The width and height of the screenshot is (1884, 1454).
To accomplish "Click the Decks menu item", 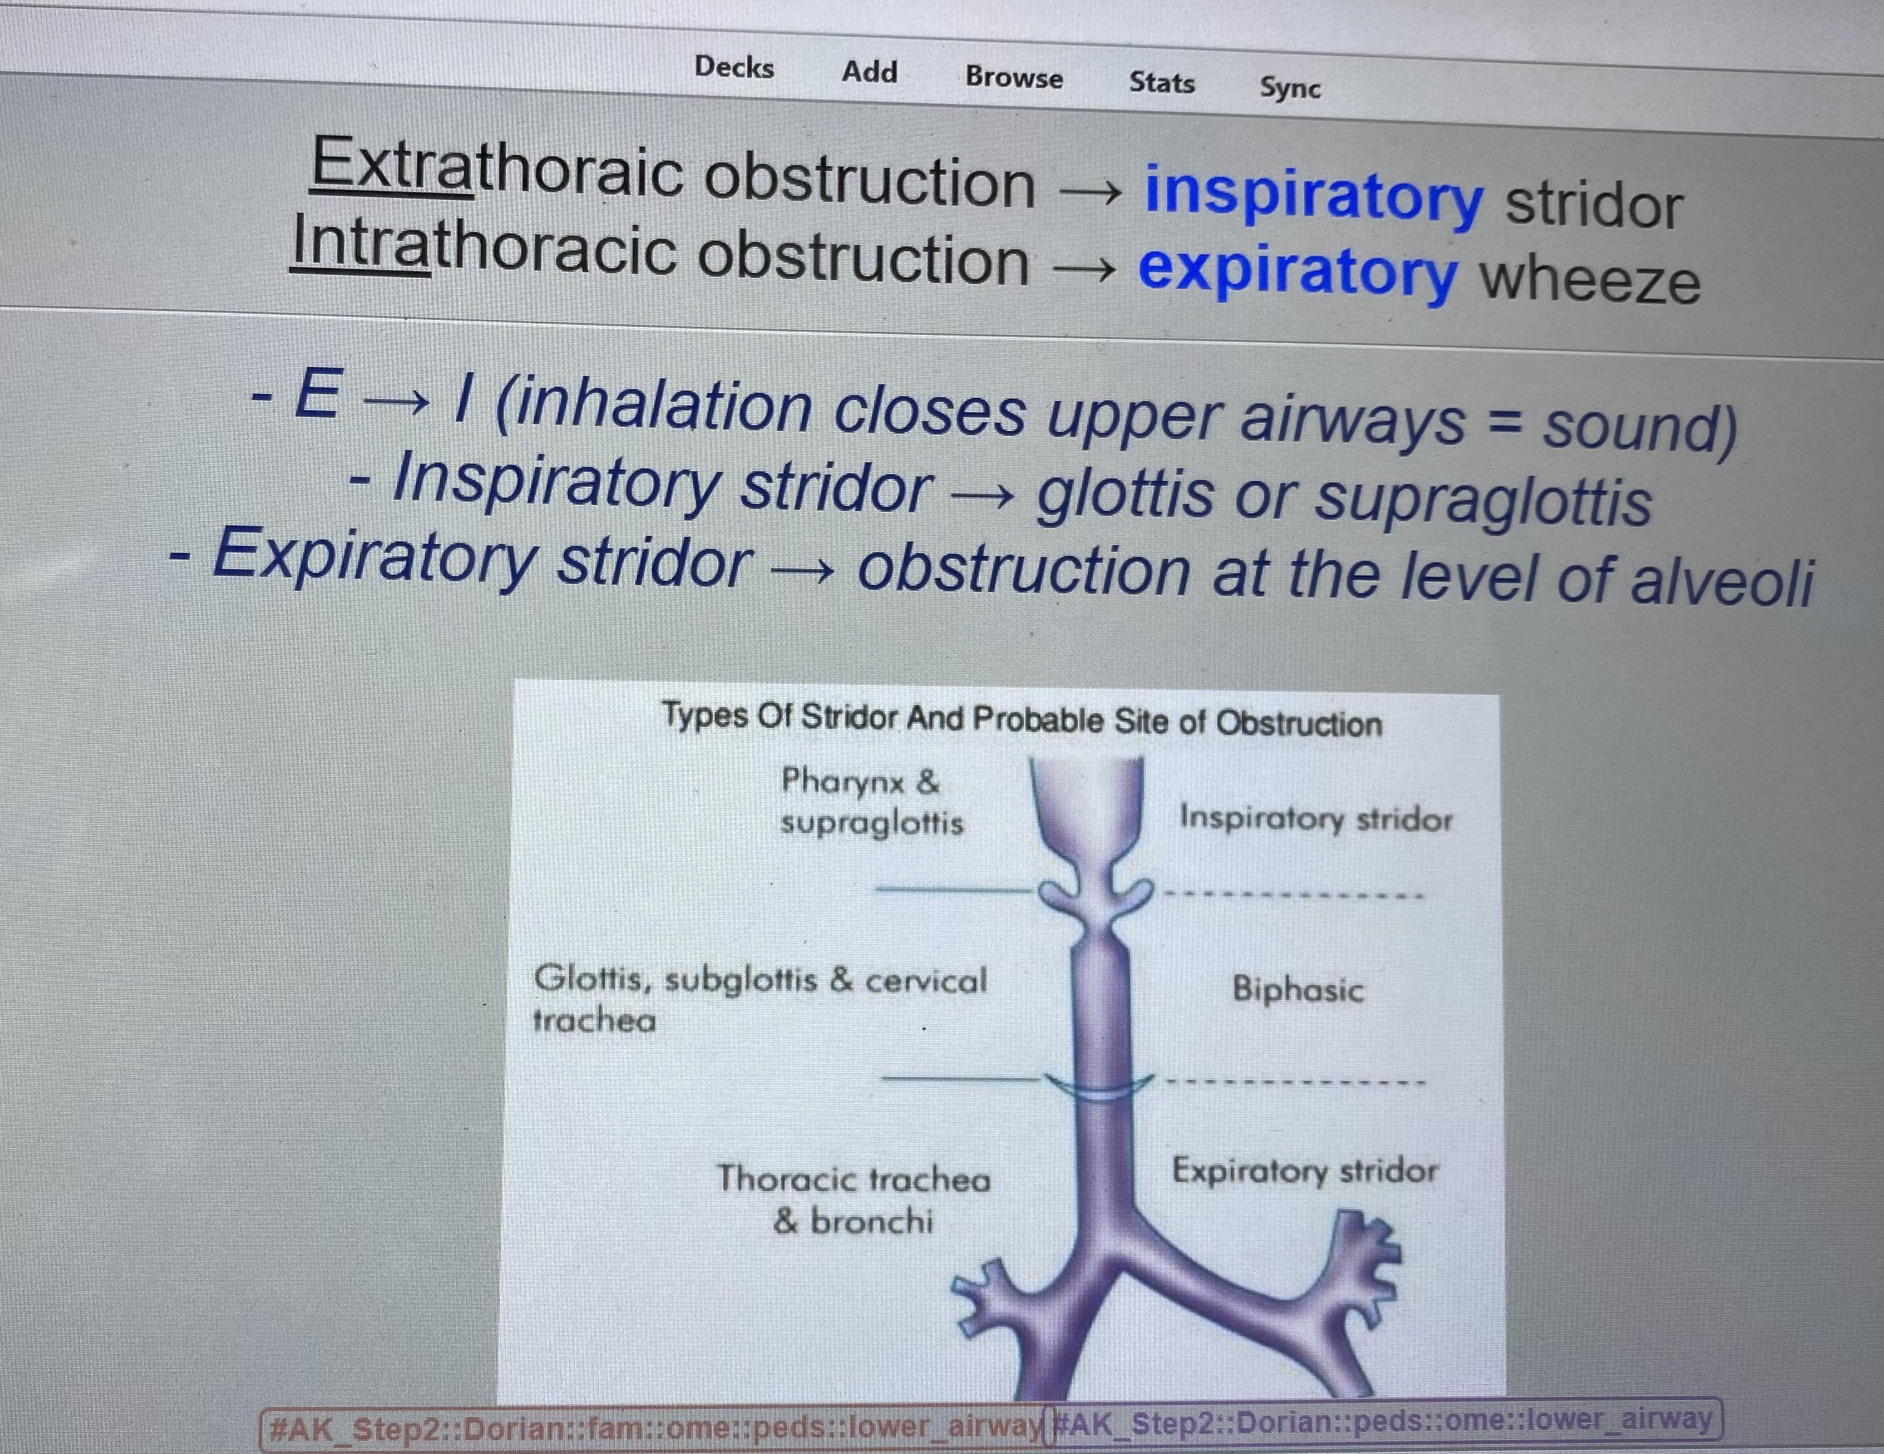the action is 734,67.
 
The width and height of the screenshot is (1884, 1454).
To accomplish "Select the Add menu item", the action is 869,72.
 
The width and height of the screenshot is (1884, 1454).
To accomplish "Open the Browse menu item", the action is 1013,77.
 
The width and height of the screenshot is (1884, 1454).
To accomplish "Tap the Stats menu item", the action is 1162,83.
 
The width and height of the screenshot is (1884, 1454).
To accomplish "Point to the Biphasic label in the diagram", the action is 1298,989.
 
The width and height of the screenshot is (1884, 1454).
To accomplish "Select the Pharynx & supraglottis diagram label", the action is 871,802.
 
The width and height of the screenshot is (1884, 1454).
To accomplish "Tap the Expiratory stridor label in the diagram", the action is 1305,1172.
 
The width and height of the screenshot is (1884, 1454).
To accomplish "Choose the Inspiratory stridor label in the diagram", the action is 1316,818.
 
